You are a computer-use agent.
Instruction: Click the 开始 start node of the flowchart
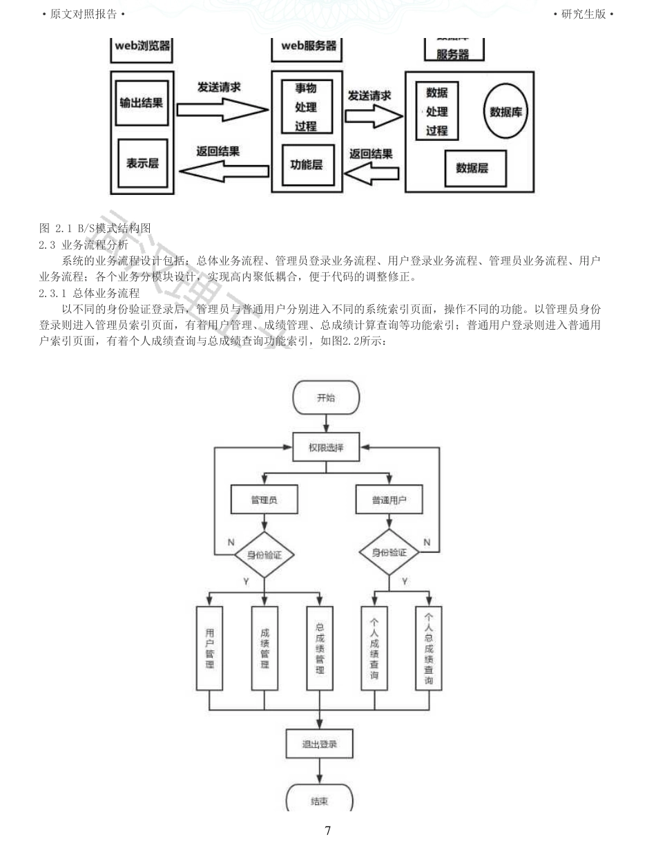click(x=326, y=398)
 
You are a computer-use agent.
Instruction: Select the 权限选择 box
click(x=326, y=448)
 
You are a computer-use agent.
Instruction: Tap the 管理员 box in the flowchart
click(x=264, y=500)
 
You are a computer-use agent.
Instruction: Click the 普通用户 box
click(x=389, y=500)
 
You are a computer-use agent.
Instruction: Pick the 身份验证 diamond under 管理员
click(x=264, y=554)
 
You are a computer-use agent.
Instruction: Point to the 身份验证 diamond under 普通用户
click(x=389, y=553)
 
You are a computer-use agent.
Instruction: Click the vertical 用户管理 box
click(x=209, y=648)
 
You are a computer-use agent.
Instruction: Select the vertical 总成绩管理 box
click(x=320, y=648)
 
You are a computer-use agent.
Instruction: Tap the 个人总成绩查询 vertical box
click(x=429, y=648)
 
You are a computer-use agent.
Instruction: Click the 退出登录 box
click(x=320, y=744)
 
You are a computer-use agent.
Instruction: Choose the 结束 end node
click(x=319, y=800)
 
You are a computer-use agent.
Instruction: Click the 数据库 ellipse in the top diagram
click(x=505, y=112)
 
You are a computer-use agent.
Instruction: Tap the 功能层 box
click(x=307, y=165)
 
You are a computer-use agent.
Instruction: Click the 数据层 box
click(x=472, y=168)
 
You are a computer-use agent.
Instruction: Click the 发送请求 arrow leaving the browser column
click(x=222, y=109)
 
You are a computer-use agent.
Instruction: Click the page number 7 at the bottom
click(x=327, y=831)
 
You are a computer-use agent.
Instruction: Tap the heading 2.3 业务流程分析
click(x=84, y=244)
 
